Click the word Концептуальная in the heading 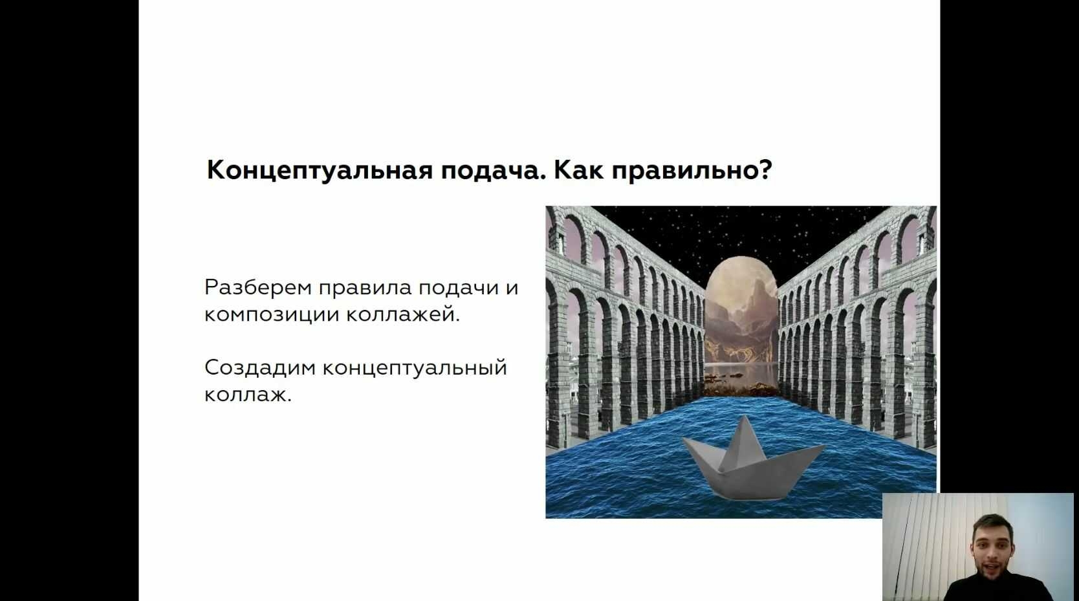coord(320,170)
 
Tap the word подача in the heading coord(494,171)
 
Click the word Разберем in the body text coord(257,287)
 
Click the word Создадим coord(260,368)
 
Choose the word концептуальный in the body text coord(415,368)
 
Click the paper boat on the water coord(752,463)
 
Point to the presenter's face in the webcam coord(992,549)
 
